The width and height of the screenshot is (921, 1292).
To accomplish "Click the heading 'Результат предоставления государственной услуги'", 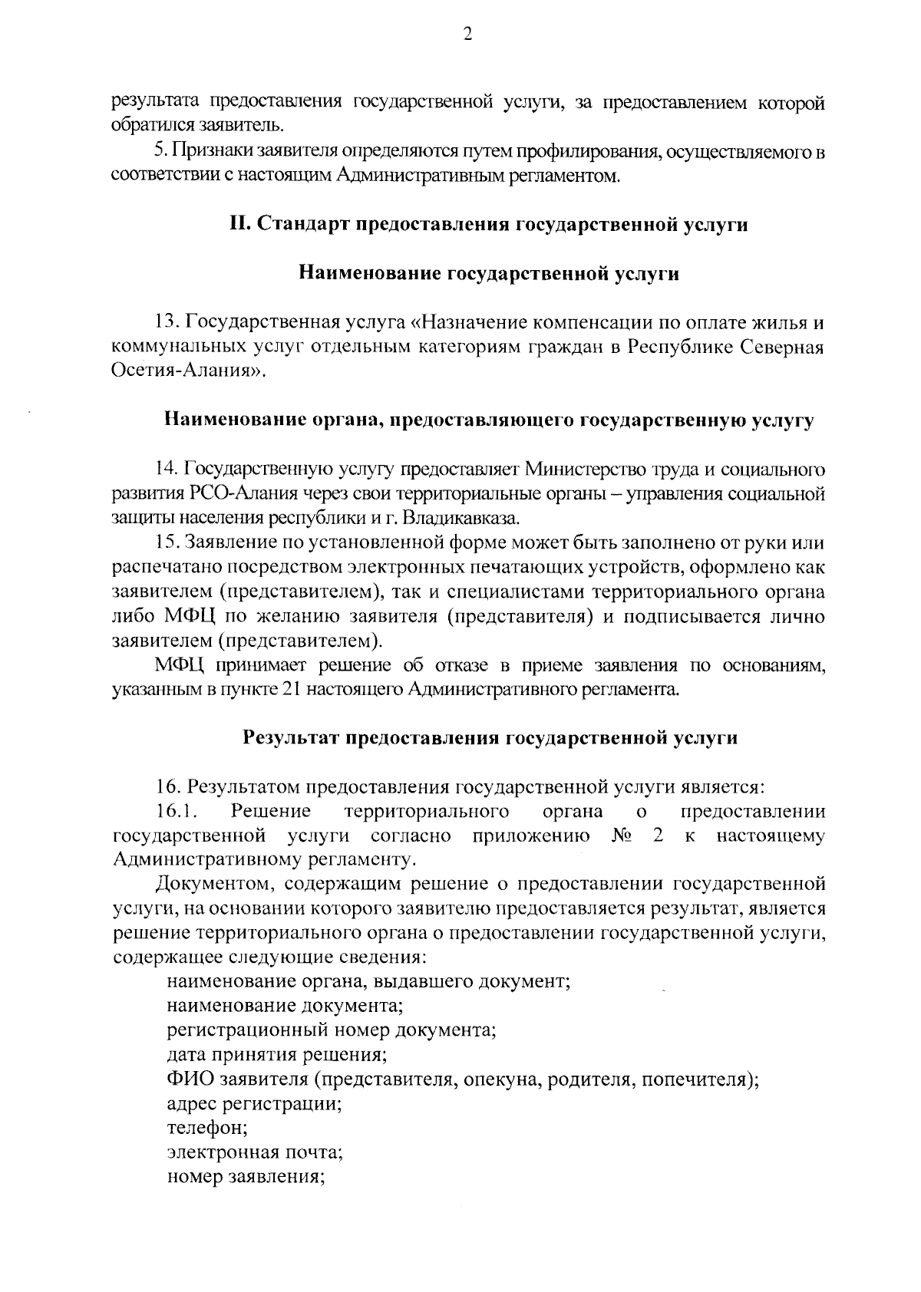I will coord(490,738).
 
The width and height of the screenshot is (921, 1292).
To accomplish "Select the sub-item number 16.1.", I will coord(172,812).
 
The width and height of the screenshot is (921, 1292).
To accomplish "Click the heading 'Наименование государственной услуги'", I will coord(489,273).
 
